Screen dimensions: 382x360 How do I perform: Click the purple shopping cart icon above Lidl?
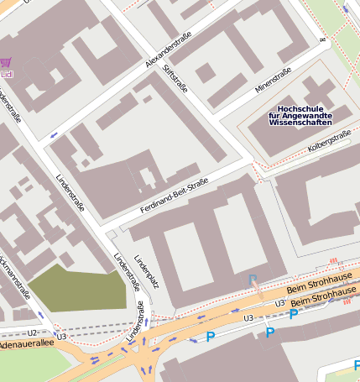[x=6, y=63]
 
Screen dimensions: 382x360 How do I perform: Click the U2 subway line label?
[x=31, y=333]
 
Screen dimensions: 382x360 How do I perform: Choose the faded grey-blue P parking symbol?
[x=251, y=280]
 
